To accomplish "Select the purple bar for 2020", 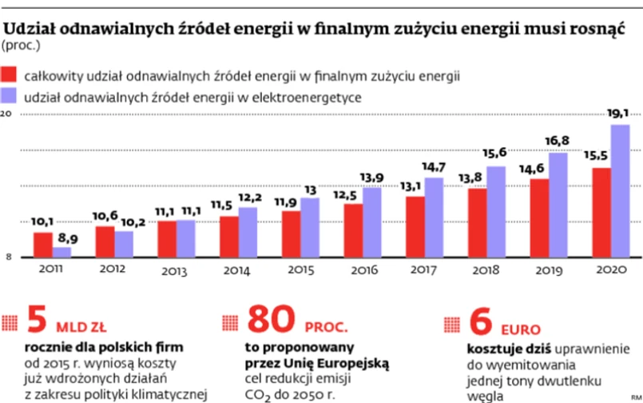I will pyautogui.click(x=620, y=191).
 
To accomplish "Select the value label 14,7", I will pyautogui.click(x=433, y=167).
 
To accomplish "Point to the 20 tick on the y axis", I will pyautogui.click(x=6, y=114).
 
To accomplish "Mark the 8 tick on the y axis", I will pyautogui.click(x=6, y=257).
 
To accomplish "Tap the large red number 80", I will pyautogui.click(x=273, y=321).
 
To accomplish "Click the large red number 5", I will pyautogui.click(x=37, y=321).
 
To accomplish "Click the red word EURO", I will pyautogui.click(x=521, y=329).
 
